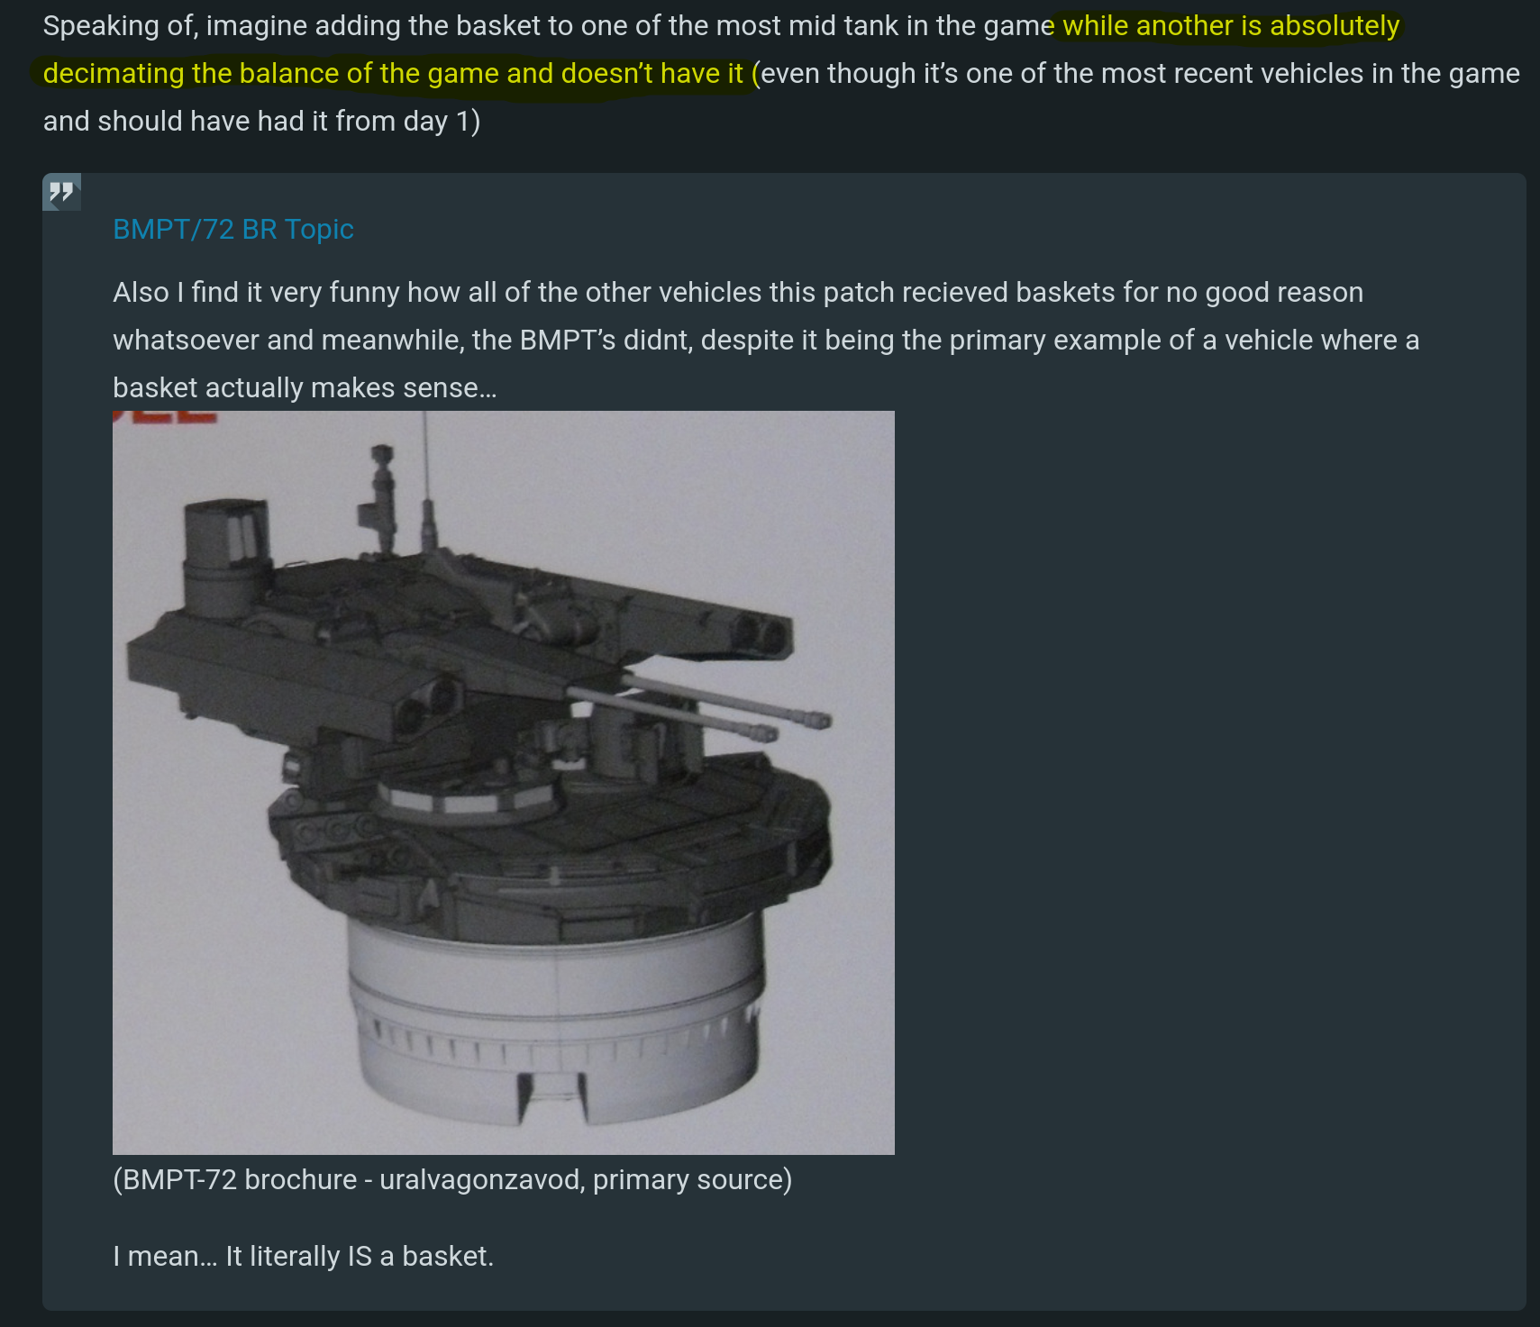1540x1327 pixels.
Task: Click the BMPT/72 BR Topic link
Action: [x=233, y=229]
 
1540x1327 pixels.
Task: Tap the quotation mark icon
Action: [x=61, y=192]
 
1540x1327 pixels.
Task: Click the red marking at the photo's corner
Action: [x=166, y=417]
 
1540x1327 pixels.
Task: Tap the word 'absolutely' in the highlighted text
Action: [x=1335, y=26]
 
